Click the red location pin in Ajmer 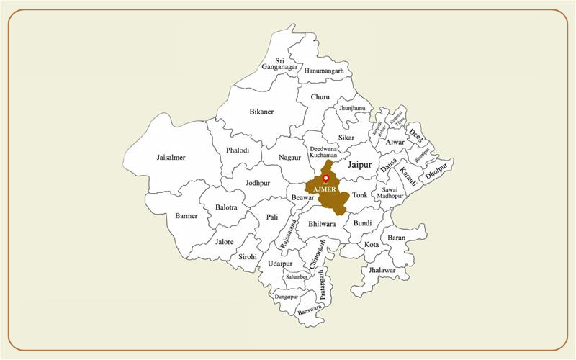(x=325, y=178)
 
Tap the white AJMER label (x=325, y=189)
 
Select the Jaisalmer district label (x=171, y=158)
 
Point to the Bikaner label (x=261, y=112)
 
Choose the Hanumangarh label (x=323, y=71)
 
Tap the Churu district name (x=320, y=96)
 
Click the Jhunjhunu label (x=354, y=107)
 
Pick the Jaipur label (x=359, y=165)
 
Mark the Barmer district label (x=187, y=216)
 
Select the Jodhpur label (x=258, y=184)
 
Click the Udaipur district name (x=280, y=264)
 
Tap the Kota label (x=371, y=245)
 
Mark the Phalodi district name (x=238, y=150)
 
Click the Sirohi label (x=248, y=257)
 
